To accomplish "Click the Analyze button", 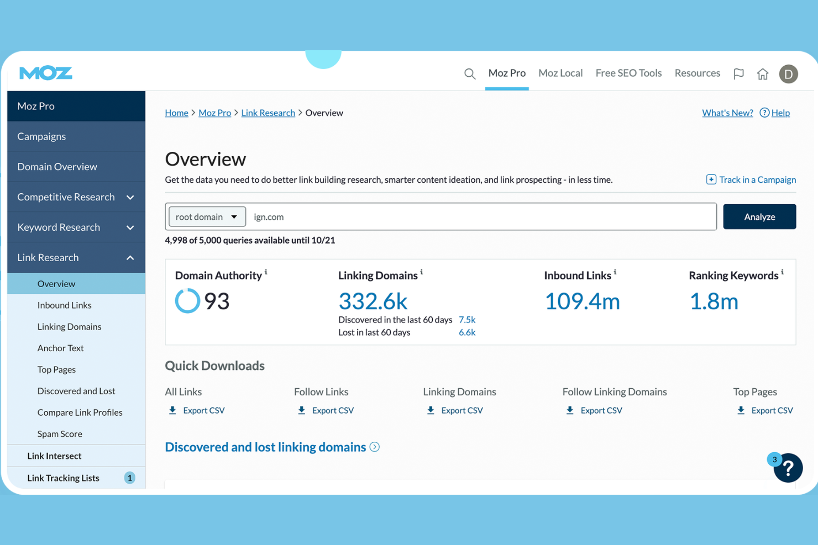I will (x=759, y=216).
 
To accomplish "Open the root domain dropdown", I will (x=207, y=216).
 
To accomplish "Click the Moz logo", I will (x=46, y=73).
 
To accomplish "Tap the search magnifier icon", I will (x=469, y=73).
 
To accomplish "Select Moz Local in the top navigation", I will (x=560, y=73).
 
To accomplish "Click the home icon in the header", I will (x=762, y=74).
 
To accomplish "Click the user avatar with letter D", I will (x=788, y=74).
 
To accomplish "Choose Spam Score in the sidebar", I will (x=60, y=433).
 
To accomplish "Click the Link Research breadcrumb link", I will (x=268, y=113).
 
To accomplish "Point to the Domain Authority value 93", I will (x=217, y=301).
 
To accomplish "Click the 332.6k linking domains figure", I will (x=373, y=301).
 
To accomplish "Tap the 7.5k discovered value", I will (x=467, y=320).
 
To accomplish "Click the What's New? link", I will (x=727, y=113).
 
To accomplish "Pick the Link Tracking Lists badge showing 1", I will (x=129, y=478).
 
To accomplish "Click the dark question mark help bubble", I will (x=788, y=468).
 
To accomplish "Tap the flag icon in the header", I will (x=738, y=73).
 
